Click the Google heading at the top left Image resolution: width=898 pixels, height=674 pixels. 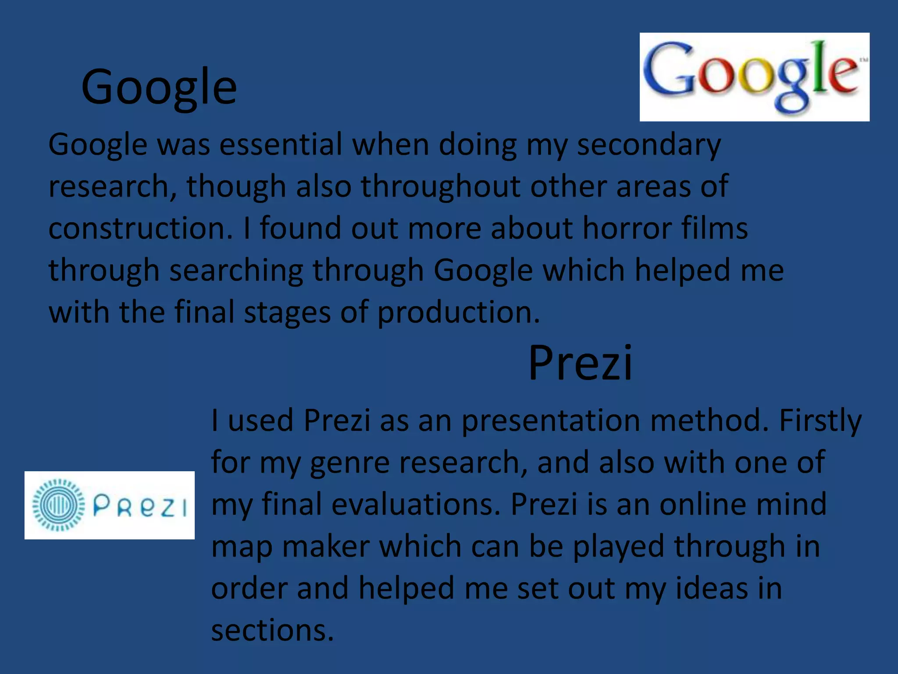(x=159, y=87)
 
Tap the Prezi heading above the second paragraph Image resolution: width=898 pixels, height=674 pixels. (x=580, y=363)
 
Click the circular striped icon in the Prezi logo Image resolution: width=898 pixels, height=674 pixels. (x=58, y=505)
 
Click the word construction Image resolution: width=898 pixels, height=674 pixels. (x=140, y=228)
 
